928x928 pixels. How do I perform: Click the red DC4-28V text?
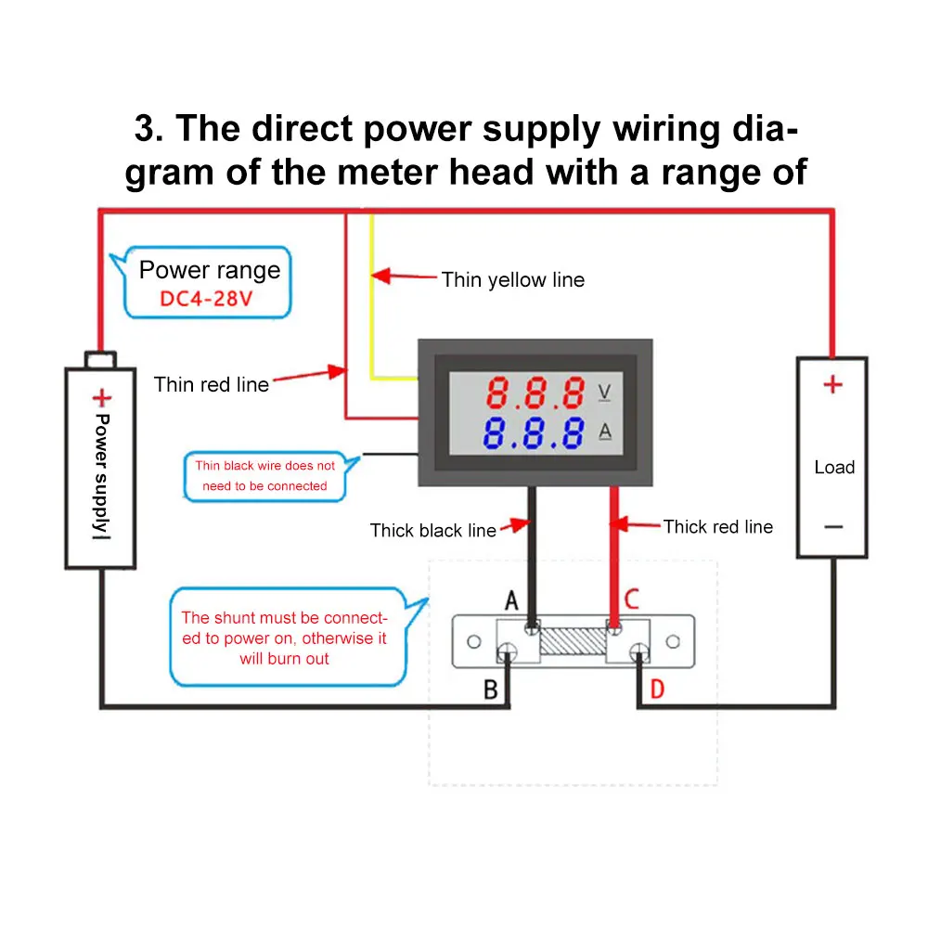tap(206, 299)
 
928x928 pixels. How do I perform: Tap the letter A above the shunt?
tap(511, 600)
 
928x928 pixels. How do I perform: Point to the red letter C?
tap(632, 599)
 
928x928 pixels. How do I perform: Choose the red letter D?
tap(658, 690)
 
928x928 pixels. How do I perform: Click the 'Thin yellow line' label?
tap(512, 280)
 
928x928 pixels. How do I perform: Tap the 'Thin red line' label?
tap(212, 385)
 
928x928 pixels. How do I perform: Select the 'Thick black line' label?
tap(432, 530)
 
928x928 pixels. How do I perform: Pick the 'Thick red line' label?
tap(718, 527)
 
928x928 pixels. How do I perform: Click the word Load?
tap(834, 467)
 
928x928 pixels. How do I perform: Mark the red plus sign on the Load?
tap(832, 385)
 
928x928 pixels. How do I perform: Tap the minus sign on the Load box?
tap(833, 527)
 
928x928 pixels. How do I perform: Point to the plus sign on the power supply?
tap(102, 398)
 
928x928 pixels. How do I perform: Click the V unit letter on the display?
tap(604, 393)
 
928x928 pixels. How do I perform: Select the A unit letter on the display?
tap(605, 432)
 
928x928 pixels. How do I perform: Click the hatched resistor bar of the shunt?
tap(573, 641)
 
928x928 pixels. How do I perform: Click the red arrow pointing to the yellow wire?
tap(405, 276)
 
